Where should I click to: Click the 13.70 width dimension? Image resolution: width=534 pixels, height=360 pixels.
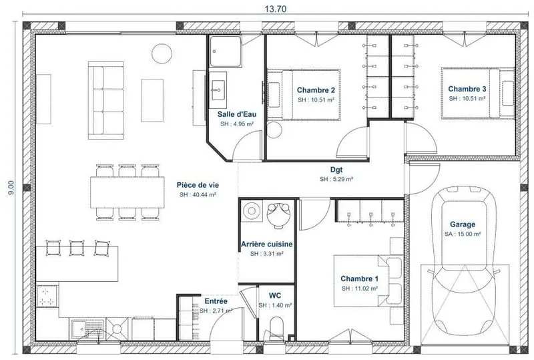(276, 9)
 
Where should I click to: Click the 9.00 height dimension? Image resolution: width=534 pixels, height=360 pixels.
(11, 188)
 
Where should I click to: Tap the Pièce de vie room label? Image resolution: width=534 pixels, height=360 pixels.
(198, 185)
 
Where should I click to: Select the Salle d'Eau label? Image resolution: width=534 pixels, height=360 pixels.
(237, 114)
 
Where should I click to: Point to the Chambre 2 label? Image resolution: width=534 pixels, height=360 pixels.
(316, 90)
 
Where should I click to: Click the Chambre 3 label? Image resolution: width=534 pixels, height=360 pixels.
(467, 89)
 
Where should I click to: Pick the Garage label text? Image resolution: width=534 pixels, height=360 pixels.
(463, 224)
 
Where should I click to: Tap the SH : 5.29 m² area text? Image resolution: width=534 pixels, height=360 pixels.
(336, 179)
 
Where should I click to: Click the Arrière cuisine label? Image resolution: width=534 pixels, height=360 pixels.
(266, 244)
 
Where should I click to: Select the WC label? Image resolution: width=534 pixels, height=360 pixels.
(275, 295)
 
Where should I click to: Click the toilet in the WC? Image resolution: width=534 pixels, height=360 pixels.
(276, 329)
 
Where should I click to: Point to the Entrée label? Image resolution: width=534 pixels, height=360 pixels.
(216, 301)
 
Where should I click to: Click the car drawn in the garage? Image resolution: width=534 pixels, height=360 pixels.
(463, 261)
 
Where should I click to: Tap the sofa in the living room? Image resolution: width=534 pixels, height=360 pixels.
(106, 100)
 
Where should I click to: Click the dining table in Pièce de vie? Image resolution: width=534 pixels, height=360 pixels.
(127, 192)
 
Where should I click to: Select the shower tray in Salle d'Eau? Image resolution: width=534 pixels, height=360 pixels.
(226, 51)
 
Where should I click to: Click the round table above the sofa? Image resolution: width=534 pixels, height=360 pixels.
(162, 53)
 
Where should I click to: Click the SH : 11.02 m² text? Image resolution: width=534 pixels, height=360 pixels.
(360, 289)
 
